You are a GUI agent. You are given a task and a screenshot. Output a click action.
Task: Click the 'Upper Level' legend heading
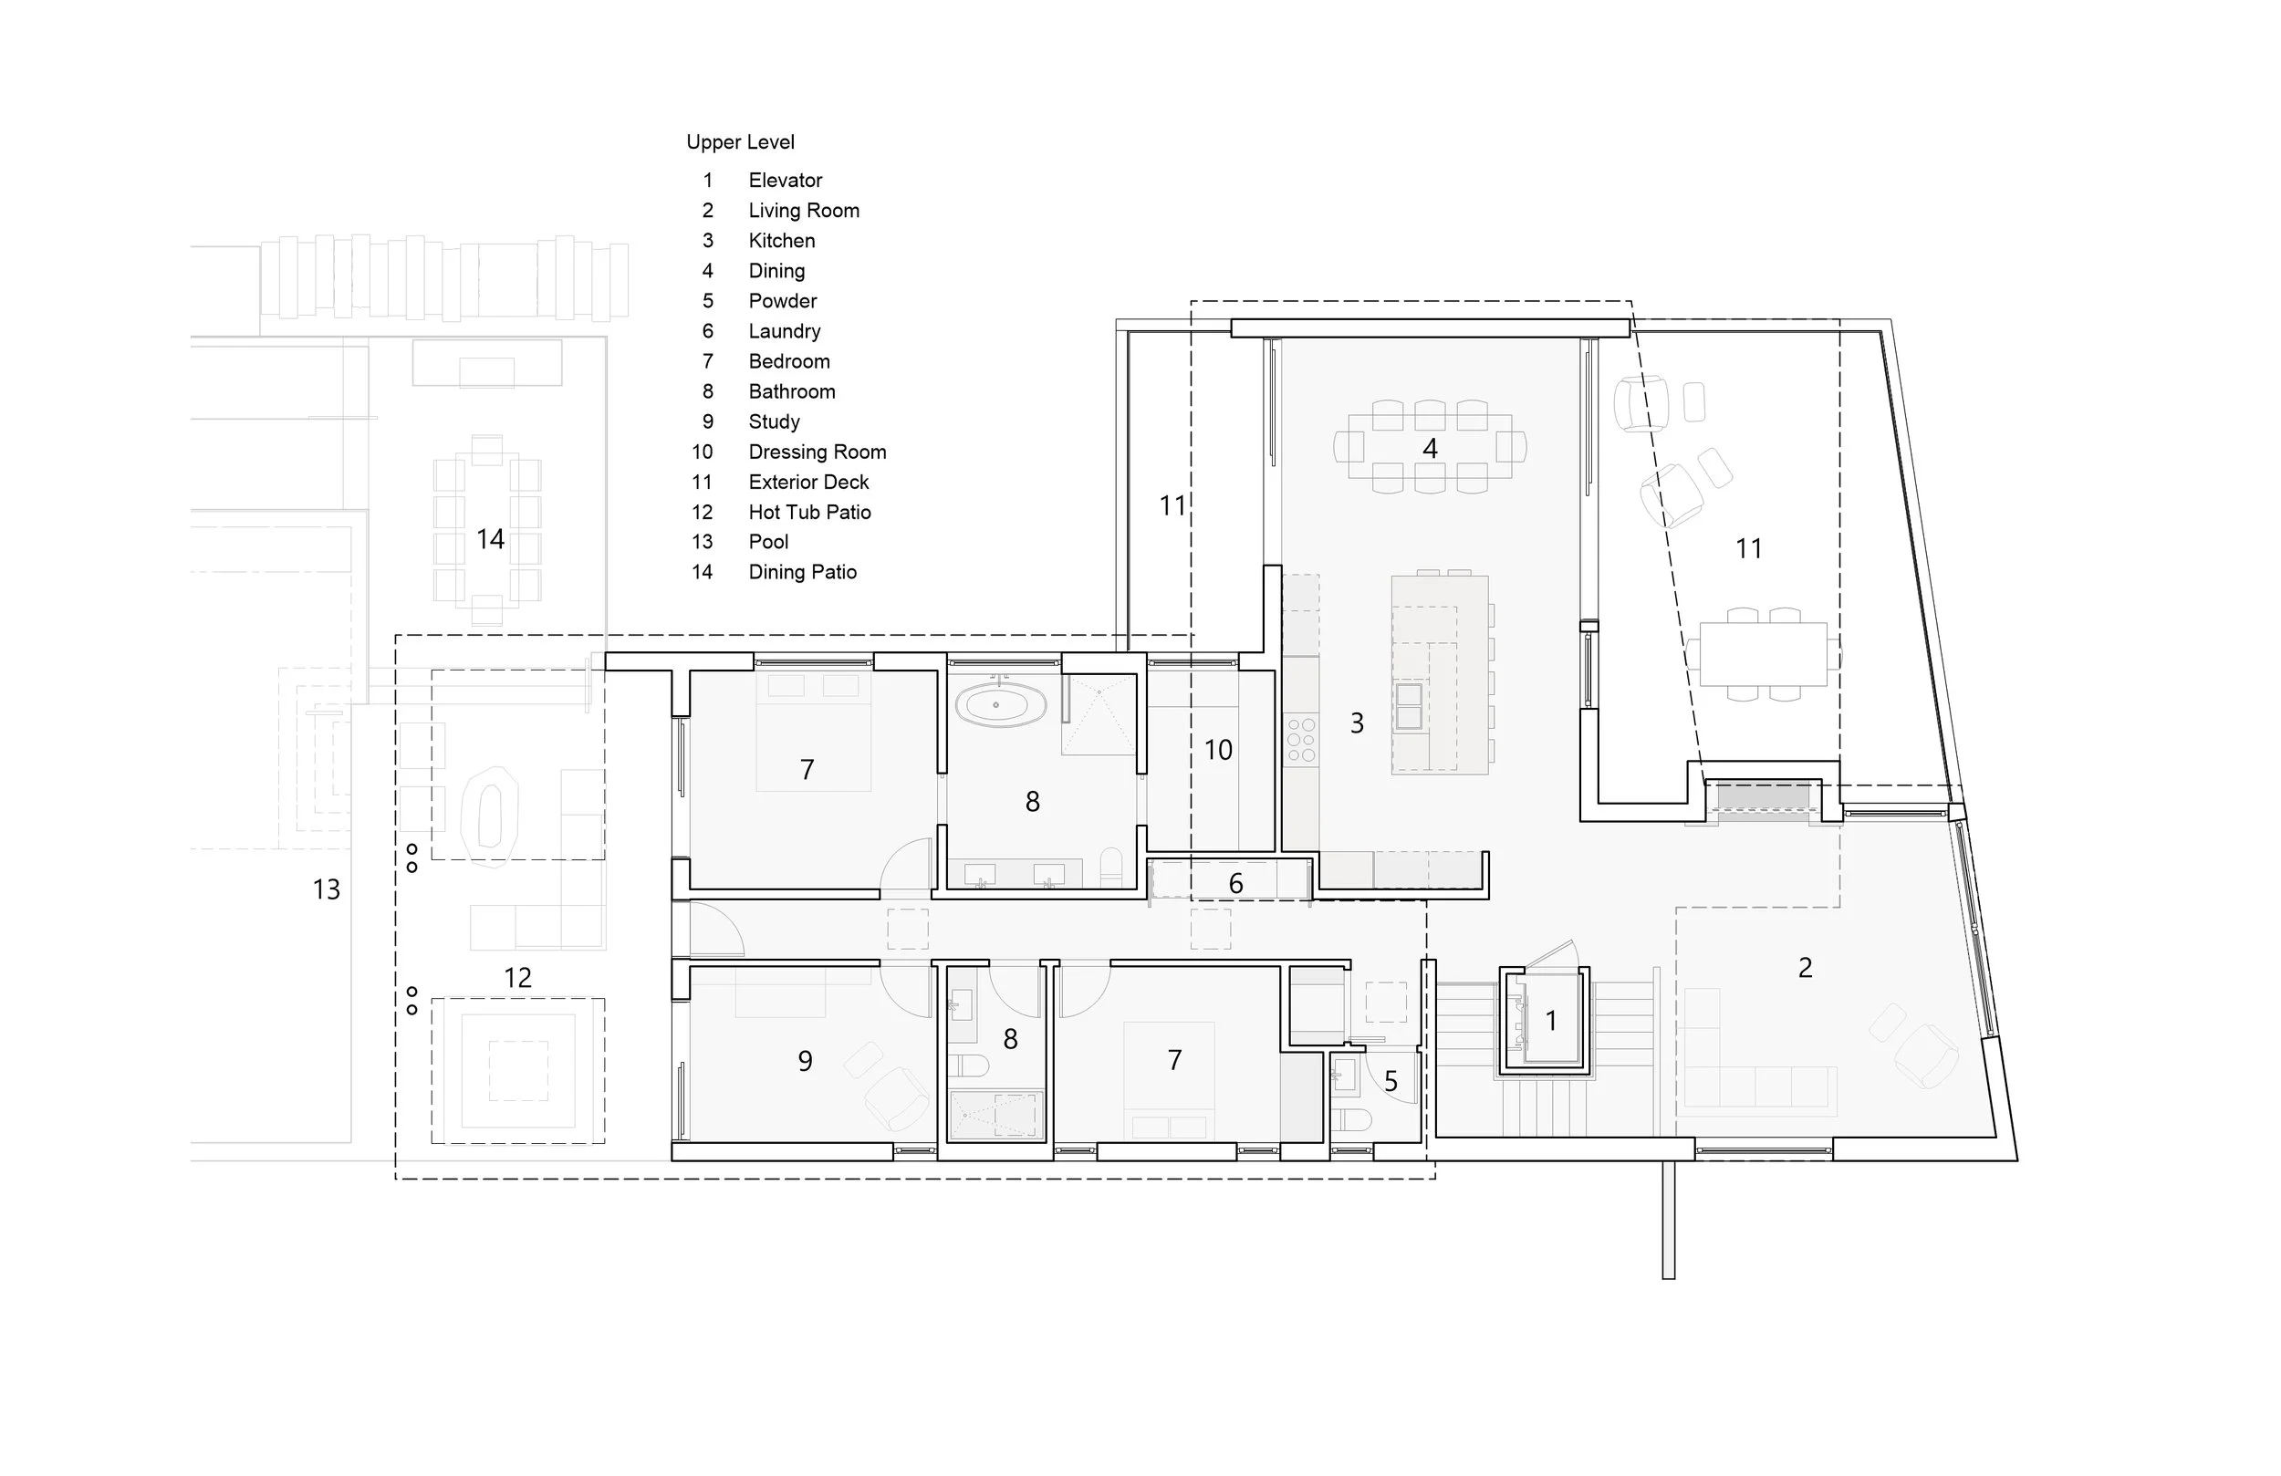(x=740, y=141)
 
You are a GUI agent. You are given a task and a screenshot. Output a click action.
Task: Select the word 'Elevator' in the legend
(x=785, y=181)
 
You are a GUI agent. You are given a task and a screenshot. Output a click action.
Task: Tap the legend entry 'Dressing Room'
(x=817, y=452)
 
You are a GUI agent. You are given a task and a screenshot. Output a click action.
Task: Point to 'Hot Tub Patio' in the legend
(x=809, y=512)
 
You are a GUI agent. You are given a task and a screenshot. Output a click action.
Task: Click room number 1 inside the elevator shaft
(x=1551, y=1021)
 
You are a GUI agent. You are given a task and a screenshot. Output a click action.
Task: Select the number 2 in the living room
(x=1805, y=967)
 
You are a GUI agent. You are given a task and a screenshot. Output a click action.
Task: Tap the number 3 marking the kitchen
(x=1356, y=722)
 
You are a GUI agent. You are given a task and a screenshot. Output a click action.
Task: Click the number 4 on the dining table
(x=1429, y=448)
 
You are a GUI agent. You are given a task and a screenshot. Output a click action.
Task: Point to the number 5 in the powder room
(x=1390, y=1081)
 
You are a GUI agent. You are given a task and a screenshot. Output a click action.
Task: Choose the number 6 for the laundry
(x=1235, y=883)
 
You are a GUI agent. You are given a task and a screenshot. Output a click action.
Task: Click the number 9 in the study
(x=805, y=1060)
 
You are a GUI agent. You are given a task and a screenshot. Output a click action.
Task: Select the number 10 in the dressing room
(x=1217, y=750)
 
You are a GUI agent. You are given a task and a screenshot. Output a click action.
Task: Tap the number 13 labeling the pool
(x=326, y=889)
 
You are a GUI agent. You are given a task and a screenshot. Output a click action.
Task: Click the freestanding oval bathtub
(x=996, y=705)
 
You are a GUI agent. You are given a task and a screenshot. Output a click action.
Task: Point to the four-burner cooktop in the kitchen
(x=1300, y=741)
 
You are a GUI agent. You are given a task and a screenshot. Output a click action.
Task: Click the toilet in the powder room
(x=1351, y=1118)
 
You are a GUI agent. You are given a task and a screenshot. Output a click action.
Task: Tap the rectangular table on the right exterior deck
(x=1764, y=654)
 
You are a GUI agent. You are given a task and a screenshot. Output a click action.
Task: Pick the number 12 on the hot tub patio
(x=517, y=978)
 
